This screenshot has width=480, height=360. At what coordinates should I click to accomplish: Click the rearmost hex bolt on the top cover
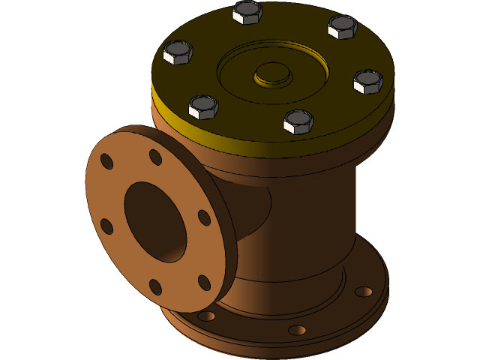(x=247, y=12)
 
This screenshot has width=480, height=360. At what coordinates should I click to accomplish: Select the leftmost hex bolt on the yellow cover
(x=178, y=52)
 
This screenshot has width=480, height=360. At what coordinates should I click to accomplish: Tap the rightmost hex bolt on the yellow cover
(x=368, y=81)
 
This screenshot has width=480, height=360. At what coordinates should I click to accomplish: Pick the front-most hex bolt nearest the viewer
(x=298, y=121)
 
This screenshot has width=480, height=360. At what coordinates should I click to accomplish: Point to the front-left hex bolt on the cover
(x=203, y=107)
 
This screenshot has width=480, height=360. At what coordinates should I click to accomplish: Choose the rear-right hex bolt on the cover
(x=343, y=27)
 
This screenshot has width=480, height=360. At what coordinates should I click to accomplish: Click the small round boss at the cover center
(x=271, y=74)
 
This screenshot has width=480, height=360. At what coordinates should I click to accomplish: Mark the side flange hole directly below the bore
(x=155, y=287)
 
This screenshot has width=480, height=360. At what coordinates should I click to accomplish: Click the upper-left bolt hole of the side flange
(x=107, y=161)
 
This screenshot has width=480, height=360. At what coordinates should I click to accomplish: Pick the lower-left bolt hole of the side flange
(x=106, y=226)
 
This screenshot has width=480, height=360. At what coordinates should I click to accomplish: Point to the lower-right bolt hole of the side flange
(x=204, y=283)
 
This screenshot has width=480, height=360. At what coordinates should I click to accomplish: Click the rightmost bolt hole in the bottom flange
(x=364, y=291)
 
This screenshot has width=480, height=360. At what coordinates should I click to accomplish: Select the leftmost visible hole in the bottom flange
(x=206, y=316)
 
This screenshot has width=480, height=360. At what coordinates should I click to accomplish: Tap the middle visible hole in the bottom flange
(x=297, y=330)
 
